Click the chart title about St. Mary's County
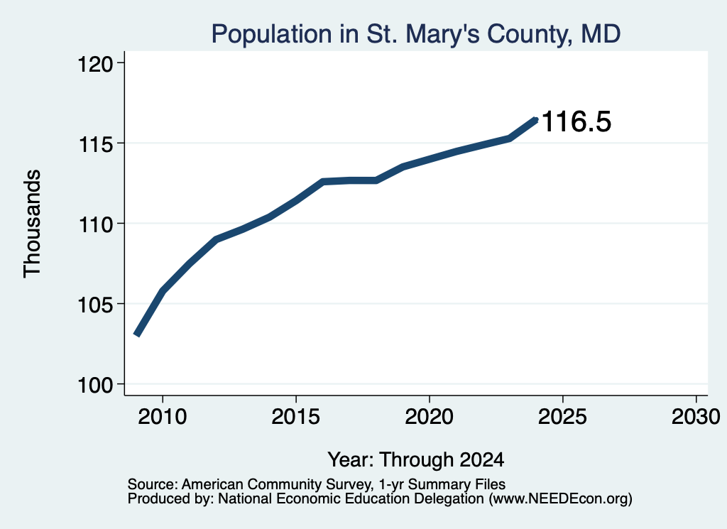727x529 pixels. click(416, 34)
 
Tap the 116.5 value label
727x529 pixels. click(576, 121)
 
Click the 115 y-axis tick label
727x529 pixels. click(96, 143)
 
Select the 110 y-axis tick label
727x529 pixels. click(96, 224)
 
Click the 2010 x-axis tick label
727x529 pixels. click(163, 416)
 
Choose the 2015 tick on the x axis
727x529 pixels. click(296, 416)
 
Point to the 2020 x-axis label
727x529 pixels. click(430, 416)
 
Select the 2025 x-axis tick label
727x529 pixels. click(562, 416)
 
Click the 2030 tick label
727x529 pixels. click(696, 416)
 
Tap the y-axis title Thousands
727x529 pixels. click(33, 224)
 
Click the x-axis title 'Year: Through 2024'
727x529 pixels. click(416, 459)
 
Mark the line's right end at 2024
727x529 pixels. click(536, 120)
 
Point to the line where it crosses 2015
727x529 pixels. click(296, 200)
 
